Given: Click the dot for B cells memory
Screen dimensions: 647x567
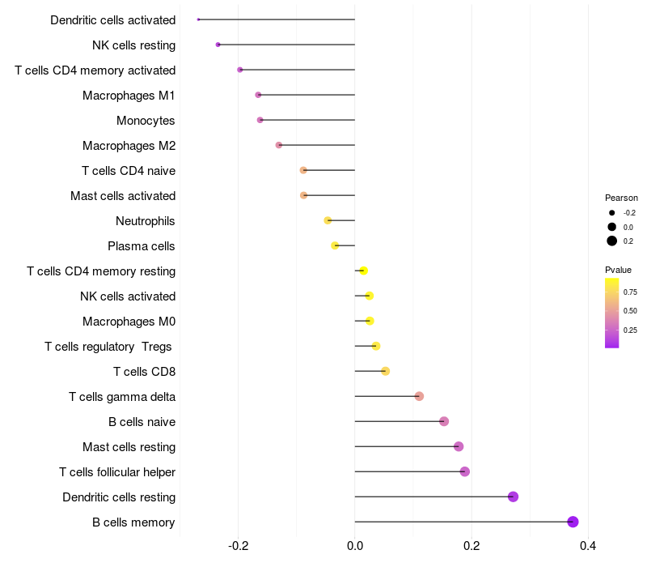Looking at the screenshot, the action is [573, 522].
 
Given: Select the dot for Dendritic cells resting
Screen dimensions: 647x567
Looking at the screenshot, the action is [513, 497].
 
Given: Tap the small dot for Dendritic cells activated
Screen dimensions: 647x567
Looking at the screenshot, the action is [198, 19].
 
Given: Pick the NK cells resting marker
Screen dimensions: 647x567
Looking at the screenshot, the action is [218, 45].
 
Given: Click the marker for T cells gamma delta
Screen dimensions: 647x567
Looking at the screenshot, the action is [419, 396].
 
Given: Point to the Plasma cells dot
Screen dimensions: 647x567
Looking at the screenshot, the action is [335, 246].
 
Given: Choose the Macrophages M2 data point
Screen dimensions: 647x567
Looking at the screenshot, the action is [279, 145].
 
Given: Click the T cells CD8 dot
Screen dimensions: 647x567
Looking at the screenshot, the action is [386, 371].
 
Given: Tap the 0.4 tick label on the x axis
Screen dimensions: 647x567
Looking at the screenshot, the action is [588, 546].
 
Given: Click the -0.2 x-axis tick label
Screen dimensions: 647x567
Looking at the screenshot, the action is [238, 546].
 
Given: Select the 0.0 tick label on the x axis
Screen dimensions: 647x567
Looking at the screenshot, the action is [355, 546].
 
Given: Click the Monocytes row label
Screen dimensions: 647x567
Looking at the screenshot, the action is [146, 121].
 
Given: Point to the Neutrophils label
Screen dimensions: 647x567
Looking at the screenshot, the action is [146, 221].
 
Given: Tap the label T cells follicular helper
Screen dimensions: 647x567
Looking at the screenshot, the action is [117, 472].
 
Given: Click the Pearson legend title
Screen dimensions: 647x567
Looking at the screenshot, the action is [621, 198].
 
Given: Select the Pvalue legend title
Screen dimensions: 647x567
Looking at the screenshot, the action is [618, 270].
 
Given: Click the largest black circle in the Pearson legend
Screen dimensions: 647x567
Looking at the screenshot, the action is [612, 241].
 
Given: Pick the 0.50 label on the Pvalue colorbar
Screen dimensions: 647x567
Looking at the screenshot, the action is [630, 311].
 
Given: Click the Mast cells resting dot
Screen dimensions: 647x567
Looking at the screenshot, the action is [459, 446].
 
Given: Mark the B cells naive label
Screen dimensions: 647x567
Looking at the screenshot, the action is [142, 422].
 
